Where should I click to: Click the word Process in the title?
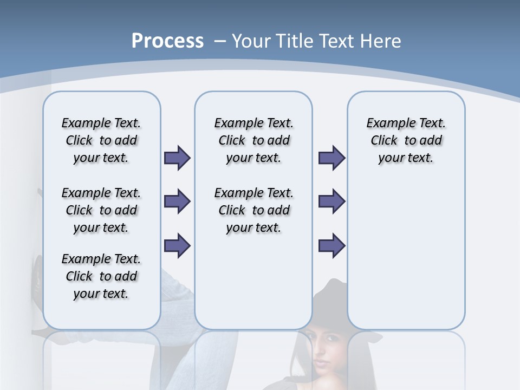pyautogui.click(x=167, y=41)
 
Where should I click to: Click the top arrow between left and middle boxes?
pyautogui.click(x=177, y=158)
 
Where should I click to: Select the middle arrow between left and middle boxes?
pyautogui.click(x=177, y=201)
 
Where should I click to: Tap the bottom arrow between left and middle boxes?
pyautogui.click(x=177, y=245)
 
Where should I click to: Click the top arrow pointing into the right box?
pyautogui.click(x=331, y=158)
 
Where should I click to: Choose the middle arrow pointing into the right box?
pyautogui.click(x=331, y=201)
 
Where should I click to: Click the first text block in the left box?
pyautogui.click(x=101, y=140)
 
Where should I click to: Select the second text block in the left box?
pyautogui.click(x=101, y=210)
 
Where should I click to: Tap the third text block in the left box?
pyautogui.click(x=101, y=276)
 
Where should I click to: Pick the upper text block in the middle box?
pyautogui.click(x=253, y=140)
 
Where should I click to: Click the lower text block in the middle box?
pyautogui.click(x=253, y=210)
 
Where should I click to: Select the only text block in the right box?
pyautogui.click(x=406, y=140)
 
